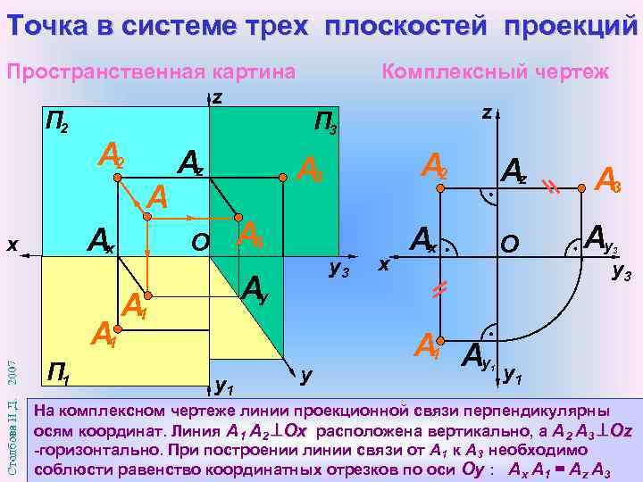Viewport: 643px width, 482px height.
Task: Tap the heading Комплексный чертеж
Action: tap(496, 71)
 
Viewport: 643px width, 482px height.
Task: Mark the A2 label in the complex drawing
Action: tap(434, 167)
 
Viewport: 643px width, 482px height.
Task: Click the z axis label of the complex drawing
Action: tap(486, 113)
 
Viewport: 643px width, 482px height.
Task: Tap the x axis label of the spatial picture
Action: tap(10, 242)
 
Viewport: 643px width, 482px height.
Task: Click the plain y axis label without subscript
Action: tap(306, 377)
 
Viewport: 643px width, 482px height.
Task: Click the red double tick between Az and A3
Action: tap(552, 187)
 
